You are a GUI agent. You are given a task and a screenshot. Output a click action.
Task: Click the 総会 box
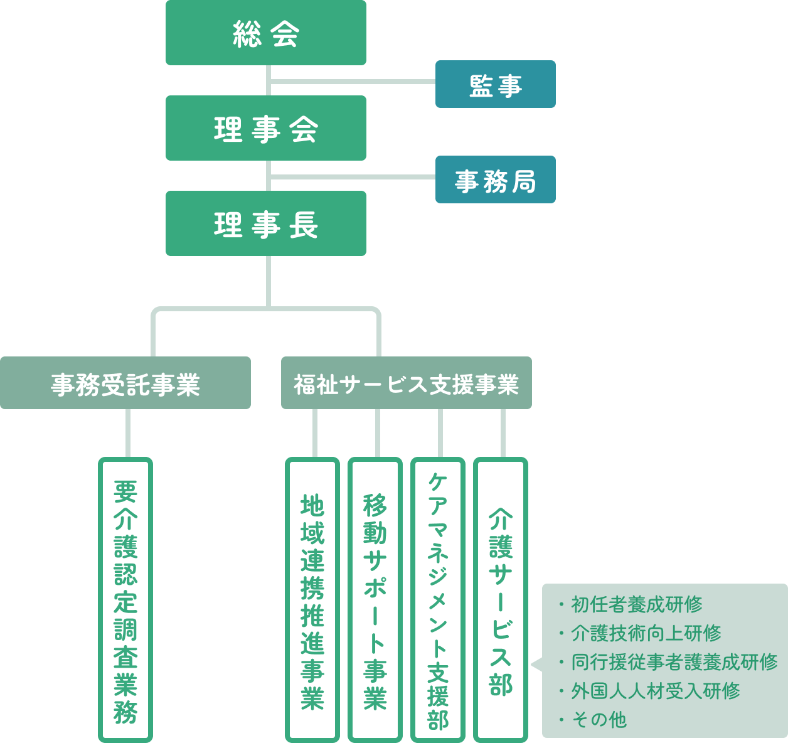click(265, 33)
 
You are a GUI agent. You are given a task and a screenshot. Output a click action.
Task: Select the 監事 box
click(495, 84)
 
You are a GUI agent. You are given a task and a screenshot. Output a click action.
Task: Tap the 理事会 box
click(265, 128)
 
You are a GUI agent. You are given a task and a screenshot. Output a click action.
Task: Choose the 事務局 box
click(495, 179)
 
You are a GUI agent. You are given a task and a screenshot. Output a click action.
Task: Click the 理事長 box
click(265, 223)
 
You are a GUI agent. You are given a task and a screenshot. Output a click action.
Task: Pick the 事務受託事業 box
click(125, 383)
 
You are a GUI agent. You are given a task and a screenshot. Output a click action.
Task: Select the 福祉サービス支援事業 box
click(406, 383)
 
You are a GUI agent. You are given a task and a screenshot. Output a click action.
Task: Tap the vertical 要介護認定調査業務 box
click(125, 599)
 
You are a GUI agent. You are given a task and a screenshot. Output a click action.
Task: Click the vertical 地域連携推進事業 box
click(312, 599)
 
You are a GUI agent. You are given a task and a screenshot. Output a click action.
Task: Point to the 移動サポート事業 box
click(375, 599)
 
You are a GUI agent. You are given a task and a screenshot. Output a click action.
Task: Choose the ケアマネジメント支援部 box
click(438, 599)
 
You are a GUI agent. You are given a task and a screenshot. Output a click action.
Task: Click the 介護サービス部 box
click(501, 599)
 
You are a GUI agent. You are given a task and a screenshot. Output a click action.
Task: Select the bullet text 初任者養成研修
click(636, 604)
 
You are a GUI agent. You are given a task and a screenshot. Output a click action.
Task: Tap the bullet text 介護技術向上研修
click(646, 633)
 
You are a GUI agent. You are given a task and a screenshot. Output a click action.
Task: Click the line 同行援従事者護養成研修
click(674, 662)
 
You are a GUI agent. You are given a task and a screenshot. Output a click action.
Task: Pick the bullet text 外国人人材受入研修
click(655, 691)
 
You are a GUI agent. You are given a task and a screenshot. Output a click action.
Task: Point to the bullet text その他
click(599, 720)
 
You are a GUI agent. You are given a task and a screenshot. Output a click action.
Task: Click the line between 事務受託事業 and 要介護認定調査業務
click(128, 433)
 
